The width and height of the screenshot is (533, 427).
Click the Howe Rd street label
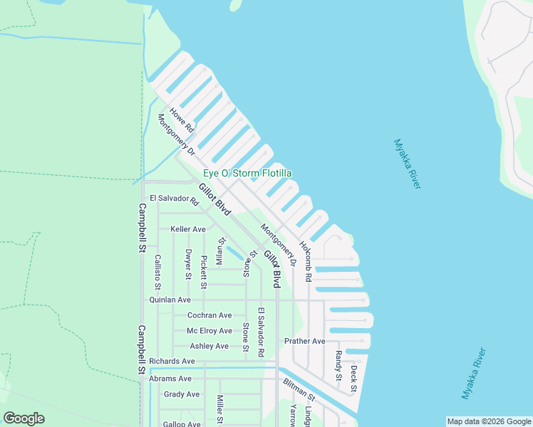point(182,122)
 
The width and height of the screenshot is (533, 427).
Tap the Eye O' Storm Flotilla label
point(247,174)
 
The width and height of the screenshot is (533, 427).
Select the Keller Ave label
point(188,229)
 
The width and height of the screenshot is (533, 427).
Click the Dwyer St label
point(188,264)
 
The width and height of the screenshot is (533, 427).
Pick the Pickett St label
point(204,272)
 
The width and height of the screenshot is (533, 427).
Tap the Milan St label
point(220,251)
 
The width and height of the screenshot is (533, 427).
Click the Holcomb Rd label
point(306,260)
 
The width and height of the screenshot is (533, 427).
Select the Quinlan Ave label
point(170,300)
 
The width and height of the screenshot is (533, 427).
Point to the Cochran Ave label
point(209,315)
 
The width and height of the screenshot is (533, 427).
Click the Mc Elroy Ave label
point(209,331)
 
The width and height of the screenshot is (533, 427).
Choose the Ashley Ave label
point(209,347)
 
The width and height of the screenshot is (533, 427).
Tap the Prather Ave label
point(304,342)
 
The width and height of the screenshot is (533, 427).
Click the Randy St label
point(338,364)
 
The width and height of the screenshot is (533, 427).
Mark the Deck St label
point(353,379)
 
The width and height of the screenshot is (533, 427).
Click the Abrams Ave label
point(170,379)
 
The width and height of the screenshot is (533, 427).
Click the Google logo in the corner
point(24,418)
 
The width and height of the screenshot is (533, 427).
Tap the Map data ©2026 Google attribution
point(488,421)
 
